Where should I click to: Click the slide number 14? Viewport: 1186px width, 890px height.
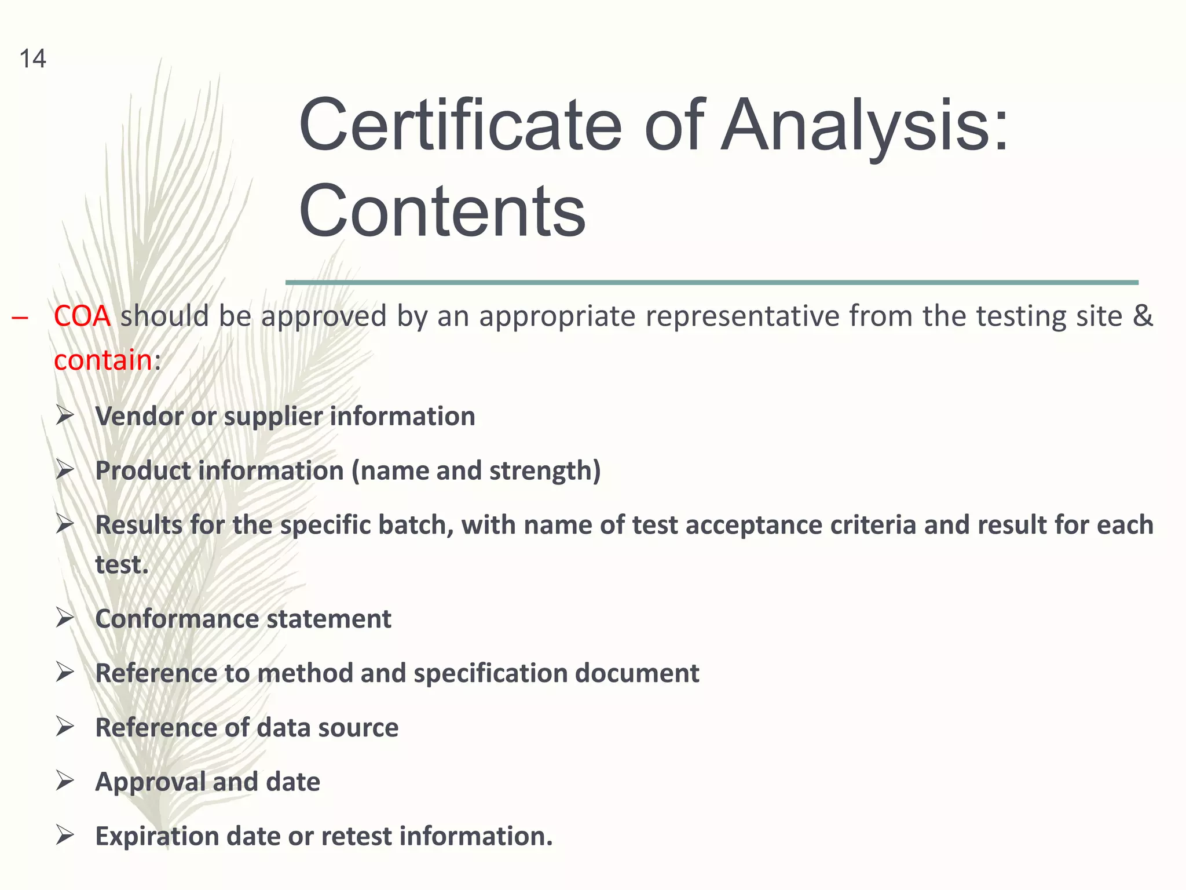click(32, 59)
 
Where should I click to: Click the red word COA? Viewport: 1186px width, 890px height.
click(82, 316)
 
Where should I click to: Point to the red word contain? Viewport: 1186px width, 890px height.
click(103, 360)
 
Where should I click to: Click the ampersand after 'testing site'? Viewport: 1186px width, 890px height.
click(1143, 316)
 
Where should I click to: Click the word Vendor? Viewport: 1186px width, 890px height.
click(139, 417)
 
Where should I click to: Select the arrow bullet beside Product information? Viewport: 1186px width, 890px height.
click(65, 470)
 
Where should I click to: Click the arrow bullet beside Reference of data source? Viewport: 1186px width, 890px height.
click(65, 727)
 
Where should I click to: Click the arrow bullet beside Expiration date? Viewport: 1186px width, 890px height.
click(65, 836)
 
